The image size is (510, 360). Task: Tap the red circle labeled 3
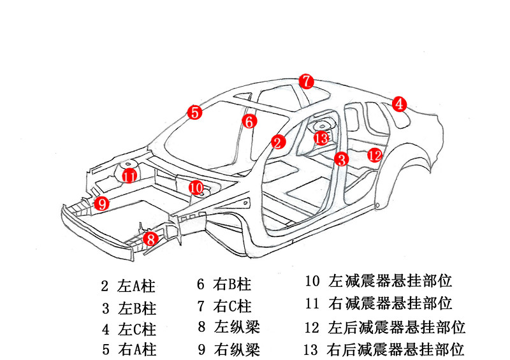tap(342, 159)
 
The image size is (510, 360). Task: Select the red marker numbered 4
tap(398, 104)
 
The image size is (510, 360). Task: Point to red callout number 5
tap(194, 113)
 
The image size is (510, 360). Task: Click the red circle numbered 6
tap(250, 120)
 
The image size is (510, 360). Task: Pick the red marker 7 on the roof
tap(307, 81)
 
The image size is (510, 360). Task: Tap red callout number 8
tap(150, 240)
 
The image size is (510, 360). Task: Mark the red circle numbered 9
tap(101, 203)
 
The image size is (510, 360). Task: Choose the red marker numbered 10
tap(196, 187)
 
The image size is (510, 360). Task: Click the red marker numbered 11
tap(129, 176)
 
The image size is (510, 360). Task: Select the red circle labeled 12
tap(375, 154)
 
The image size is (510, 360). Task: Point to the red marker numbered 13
tap(321, 138)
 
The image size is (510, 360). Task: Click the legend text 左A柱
tap(137, 286)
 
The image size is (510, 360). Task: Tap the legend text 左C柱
tap(137, 329)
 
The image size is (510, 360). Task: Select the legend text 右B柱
tap(233, 285)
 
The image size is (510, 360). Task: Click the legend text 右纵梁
tap(237, 349)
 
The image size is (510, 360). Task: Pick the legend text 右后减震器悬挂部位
tap(395, 349)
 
